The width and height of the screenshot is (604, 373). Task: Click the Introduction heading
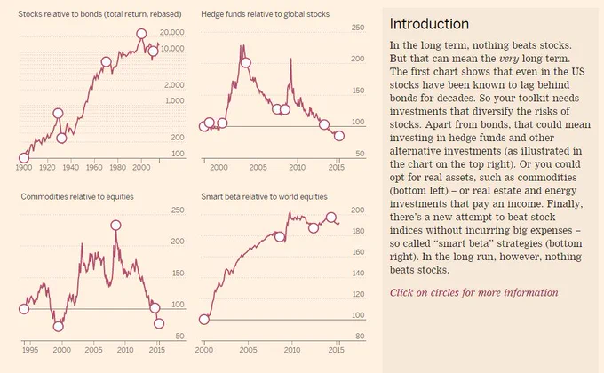[x=429, y=24]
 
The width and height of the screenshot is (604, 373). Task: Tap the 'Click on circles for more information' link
[x=473, y=293]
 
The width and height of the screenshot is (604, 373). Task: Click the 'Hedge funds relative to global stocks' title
[x=265, y=14]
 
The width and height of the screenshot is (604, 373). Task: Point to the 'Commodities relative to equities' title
[x=77, y=197]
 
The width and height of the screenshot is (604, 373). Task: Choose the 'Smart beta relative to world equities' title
[x=264, y=197]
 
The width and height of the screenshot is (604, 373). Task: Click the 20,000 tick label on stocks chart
[x=171, y=32]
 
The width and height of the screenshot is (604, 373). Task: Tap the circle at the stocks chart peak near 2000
[x=141, y=34]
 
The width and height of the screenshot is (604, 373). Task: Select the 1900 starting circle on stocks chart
[x=24, y=157]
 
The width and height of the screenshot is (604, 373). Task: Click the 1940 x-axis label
[x=70, y=167]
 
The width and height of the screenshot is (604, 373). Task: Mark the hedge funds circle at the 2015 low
[x=339, y=136]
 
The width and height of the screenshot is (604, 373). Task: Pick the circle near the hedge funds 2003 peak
[x=245, y=62]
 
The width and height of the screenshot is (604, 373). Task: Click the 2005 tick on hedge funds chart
[x=258, y=167]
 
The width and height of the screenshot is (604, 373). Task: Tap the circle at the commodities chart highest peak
[x=115, y=225]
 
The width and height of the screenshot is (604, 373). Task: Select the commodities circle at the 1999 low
[x=58, y=327]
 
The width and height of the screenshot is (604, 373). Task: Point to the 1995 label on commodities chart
[x=30, y=350]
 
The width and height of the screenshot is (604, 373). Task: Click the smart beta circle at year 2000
[x=204, y=320]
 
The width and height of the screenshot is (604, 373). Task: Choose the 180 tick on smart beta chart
[x=358, y=231]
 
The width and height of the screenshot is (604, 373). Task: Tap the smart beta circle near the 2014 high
[x=331, y=218]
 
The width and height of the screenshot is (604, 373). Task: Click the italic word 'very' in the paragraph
[x=508, y=59]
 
